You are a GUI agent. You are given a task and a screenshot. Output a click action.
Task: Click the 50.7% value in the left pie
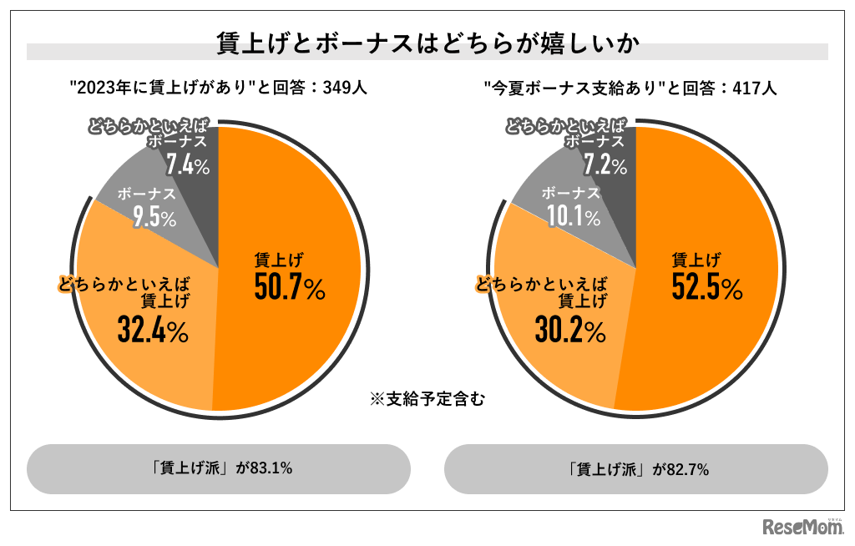pos(289,288)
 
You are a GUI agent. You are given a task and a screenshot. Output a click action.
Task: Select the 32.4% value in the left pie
pos(152,331)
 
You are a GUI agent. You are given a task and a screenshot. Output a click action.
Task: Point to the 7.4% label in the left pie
pos(187,164)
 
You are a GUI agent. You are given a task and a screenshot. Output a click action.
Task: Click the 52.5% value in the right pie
pos(706,288)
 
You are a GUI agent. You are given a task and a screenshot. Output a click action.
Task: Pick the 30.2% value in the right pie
pos(570,331)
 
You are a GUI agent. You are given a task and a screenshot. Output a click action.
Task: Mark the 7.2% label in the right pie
pos(605,164)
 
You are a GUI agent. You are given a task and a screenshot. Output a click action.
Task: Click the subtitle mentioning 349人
pos(218,88)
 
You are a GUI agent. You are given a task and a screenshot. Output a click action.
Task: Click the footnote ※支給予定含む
pos(427,399)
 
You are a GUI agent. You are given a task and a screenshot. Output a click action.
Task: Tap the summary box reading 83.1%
pos(219,468)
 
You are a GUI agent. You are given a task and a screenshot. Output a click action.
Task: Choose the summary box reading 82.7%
pos(636,469)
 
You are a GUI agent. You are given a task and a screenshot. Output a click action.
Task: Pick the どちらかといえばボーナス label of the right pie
pos(568,134)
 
